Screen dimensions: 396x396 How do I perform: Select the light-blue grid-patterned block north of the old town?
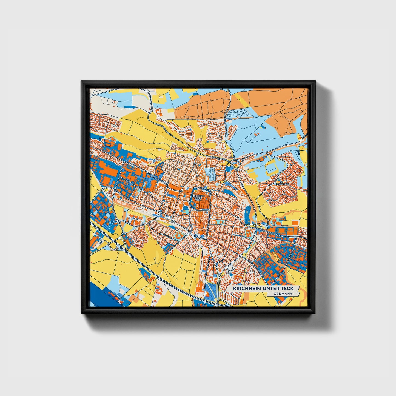[210, 175]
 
